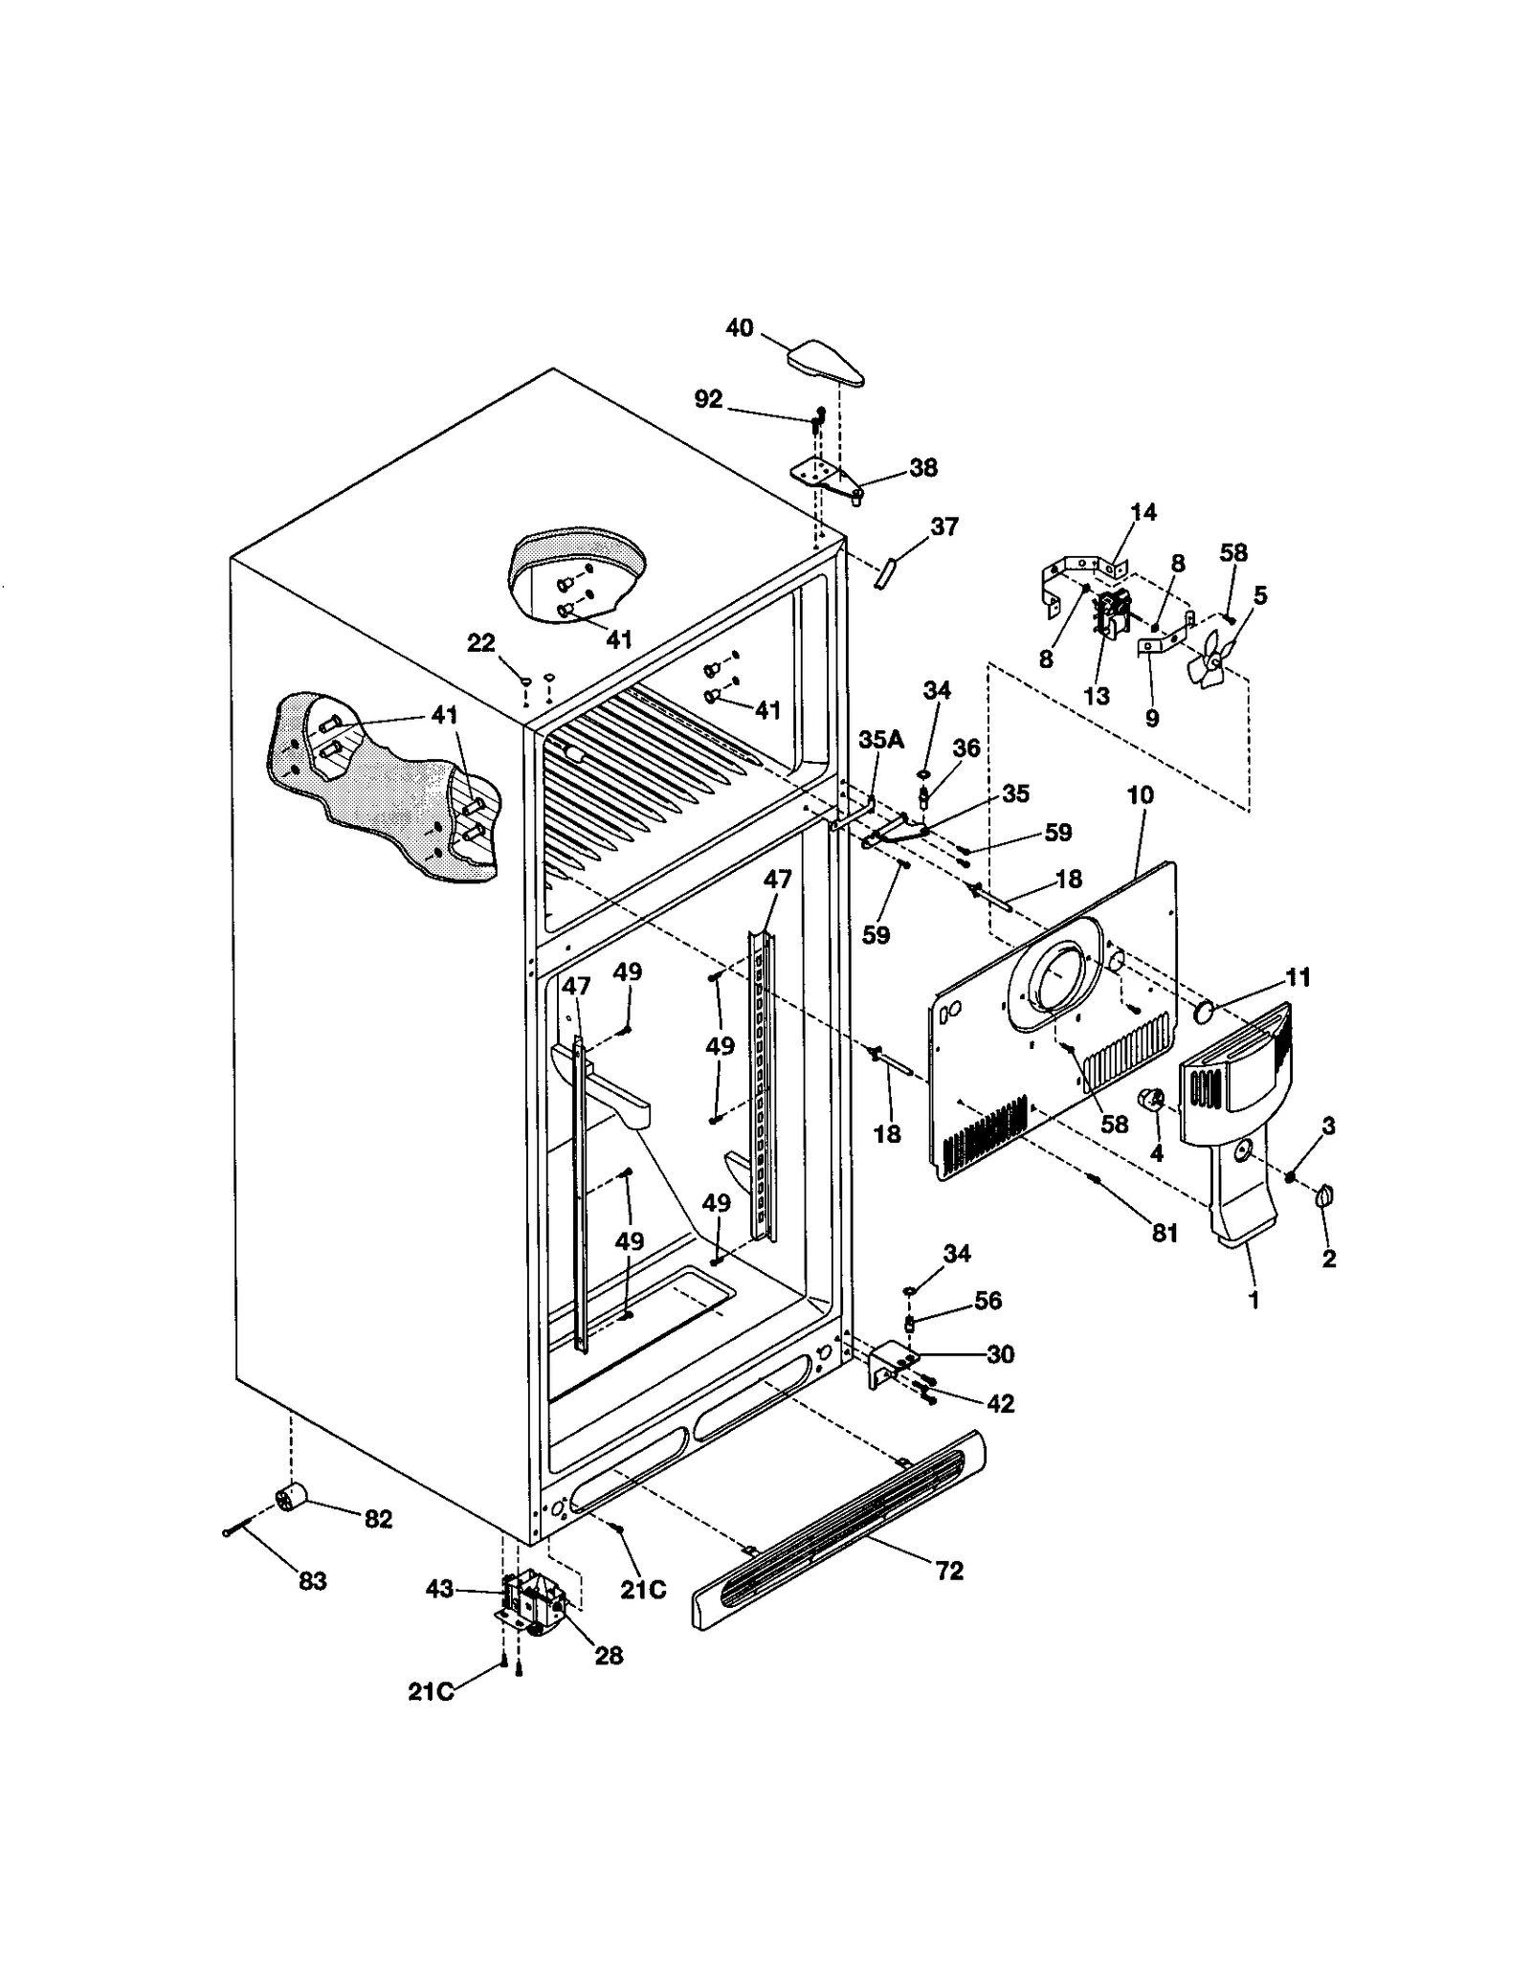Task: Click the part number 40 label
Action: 739,328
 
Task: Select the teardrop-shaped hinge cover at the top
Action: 826,363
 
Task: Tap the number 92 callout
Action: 708,399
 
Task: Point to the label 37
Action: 943,526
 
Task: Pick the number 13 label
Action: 1097,696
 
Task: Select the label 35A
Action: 880,739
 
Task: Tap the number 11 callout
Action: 1298,977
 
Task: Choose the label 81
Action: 1164,1234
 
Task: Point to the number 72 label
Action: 949,1571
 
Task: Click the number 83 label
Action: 312,1581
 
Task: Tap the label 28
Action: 609,1655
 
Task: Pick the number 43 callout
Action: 439,1590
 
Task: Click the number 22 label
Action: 480,643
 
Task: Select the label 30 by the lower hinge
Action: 1000,1354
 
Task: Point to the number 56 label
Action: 987,1300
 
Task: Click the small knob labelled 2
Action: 1325,1195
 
